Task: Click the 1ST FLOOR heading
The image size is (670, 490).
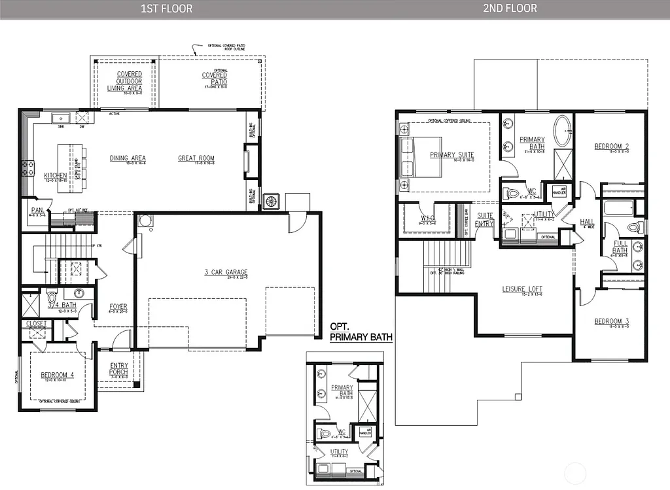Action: (x=167, y=9)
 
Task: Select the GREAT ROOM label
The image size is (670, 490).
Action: (x=196, y=158)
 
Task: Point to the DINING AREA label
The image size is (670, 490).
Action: (x=128, y=158)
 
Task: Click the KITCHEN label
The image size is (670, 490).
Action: (x=56, y=175)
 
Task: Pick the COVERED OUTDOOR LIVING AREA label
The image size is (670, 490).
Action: (x=125, y=81)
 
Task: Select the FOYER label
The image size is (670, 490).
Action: (x=118, y=306)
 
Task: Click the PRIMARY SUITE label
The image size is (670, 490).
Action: (x=451, y=155)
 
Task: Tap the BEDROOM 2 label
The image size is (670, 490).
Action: (x=612, y=147)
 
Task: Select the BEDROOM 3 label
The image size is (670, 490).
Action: (x=612, y=321)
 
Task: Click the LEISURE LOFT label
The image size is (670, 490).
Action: (x=522, y=289)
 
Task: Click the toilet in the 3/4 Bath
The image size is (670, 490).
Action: (x=52, y=294)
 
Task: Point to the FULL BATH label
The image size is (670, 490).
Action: (x=620, y=247)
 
